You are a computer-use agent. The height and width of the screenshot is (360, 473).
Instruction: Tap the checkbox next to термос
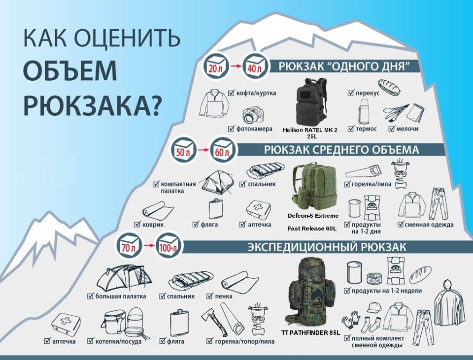[x=351, y=129]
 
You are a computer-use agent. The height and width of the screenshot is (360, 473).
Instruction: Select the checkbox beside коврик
[x=138, y=224]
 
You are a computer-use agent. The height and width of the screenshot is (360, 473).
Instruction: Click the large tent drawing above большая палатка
[x=124, y=278]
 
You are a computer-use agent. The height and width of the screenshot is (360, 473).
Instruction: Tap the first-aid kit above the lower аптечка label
[x=66, y=324]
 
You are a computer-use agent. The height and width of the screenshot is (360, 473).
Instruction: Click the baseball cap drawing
[x=374, y=307]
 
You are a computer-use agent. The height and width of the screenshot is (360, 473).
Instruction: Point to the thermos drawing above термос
[x=363, y=111]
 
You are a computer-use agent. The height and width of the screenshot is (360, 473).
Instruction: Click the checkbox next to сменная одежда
[x=401, y=225]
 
